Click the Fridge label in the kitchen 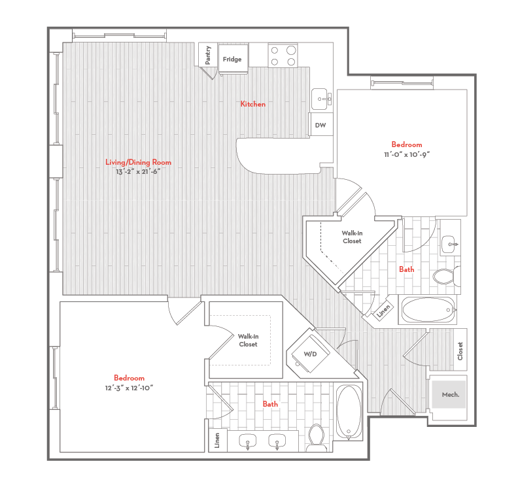tap(232, 59)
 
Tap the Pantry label tap(208, 55)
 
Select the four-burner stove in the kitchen tap(282, 55)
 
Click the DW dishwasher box tap(320, 124)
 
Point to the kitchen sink tap(320, 99)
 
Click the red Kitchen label tap(252, 104)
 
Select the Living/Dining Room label tap(138, 162)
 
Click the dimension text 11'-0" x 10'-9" tap(406, 154)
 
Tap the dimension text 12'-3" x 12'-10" tap(129, 388)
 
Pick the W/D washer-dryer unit tap(309, 354)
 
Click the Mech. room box tap(450, 394)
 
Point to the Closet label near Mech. tap(460, 351)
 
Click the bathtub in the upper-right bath tap(428, 311)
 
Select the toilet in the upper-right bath tap(445, 275)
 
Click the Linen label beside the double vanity tap(216, 441)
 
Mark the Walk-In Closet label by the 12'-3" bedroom tap(248, 340)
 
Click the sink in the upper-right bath tap(449, 245)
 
